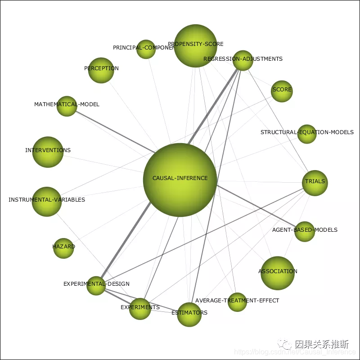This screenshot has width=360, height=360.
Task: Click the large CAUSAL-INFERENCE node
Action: (x=180, y=180)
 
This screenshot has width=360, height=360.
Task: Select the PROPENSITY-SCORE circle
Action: (x=196, y=46)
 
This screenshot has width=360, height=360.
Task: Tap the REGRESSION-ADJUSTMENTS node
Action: (x=243, y=60)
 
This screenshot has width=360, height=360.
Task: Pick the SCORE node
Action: (x=282, y=91)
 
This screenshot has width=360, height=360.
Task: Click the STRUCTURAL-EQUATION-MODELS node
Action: (x=307, y=134)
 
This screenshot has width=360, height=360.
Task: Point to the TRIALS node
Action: (x=315, y=183)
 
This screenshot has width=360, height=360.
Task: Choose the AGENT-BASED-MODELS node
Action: (x=305, y=231)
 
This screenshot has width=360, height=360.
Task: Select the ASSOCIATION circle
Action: (x=278, y=273)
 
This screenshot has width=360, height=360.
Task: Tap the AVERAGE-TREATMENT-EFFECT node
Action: (x=237, y=301)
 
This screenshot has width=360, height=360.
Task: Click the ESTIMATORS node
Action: (x=189, y=314)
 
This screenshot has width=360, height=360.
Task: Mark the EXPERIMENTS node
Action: (x=140, y=309)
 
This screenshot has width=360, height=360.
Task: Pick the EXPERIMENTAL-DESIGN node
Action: (x=96, y=285)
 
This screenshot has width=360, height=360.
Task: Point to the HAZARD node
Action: (x=63, y=248)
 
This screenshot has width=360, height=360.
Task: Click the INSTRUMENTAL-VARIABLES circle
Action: (x=47, y=201)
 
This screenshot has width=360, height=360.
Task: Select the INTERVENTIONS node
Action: (x=48, y=152)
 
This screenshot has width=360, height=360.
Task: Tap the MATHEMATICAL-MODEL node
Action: (x=67, y=106)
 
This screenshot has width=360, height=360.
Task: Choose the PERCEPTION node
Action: (x=101, y=70)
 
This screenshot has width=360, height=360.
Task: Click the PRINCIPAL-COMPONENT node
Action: (x=146, y=49)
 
